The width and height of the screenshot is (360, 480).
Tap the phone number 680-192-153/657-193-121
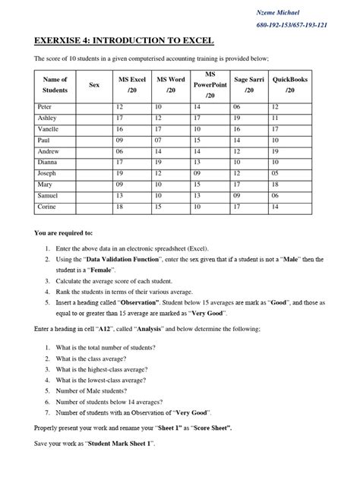(292, 24)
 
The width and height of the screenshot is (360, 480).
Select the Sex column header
(94, 85)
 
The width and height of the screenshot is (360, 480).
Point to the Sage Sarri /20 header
(249, 85)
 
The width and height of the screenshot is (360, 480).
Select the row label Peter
(46, 107)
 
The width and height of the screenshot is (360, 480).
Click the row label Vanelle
(49, 129)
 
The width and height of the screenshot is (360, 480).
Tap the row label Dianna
(49, 162)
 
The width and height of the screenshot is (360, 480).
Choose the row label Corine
(48, 206)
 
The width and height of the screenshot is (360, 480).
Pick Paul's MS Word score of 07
(159, 141)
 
